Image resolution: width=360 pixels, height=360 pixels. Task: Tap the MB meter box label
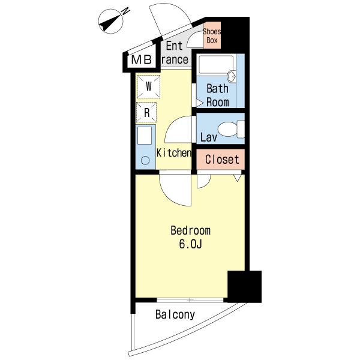pos(142,60)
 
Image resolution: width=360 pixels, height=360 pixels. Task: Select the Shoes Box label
pos(212,36)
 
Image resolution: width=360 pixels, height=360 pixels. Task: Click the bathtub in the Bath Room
pos(216,65)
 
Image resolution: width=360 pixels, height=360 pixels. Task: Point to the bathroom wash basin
pos(232,76)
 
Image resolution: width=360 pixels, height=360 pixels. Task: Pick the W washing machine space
pos(149,86)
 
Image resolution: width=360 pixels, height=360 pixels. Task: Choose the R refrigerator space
pos(146,112)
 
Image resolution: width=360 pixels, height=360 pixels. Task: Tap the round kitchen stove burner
pos(145,160)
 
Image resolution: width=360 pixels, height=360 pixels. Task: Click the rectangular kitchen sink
pos(145,136)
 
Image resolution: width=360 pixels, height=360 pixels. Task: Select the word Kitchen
pos(174,152)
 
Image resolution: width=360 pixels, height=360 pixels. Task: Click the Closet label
pos(222,160)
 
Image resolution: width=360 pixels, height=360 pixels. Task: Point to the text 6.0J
pos(190,244)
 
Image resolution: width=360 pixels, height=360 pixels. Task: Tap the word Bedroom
pos(190,230)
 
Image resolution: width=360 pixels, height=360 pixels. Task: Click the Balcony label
pos(175,314)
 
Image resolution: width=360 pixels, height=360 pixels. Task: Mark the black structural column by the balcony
pos(245,287)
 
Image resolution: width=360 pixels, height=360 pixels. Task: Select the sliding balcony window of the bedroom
pos(190,300)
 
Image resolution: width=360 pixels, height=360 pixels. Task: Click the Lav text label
pos(209,137)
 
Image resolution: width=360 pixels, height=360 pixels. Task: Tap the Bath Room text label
pos(217,95)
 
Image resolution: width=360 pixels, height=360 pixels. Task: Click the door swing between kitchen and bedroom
pos(175,190)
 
